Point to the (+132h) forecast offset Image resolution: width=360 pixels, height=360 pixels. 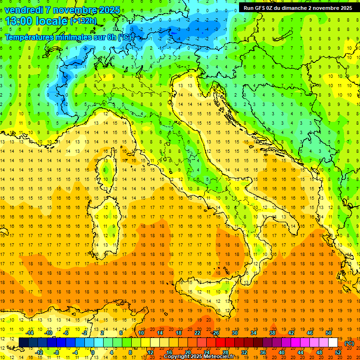tap(83, 21)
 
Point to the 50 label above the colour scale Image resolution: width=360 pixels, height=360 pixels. tap(328, 333)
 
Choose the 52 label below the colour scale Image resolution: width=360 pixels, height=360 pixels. tap(338, 352)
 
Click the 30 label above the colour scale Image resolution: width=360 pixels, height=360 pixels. tap(234, 333)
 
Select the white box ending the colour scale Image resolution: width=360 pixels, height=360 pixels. tap(333, 342)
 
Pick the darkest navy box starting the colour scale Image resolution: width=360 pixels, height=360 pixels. tap(24, 342)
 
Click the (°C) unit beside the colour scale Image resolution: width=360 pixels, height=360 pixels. tap(349, 344)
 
